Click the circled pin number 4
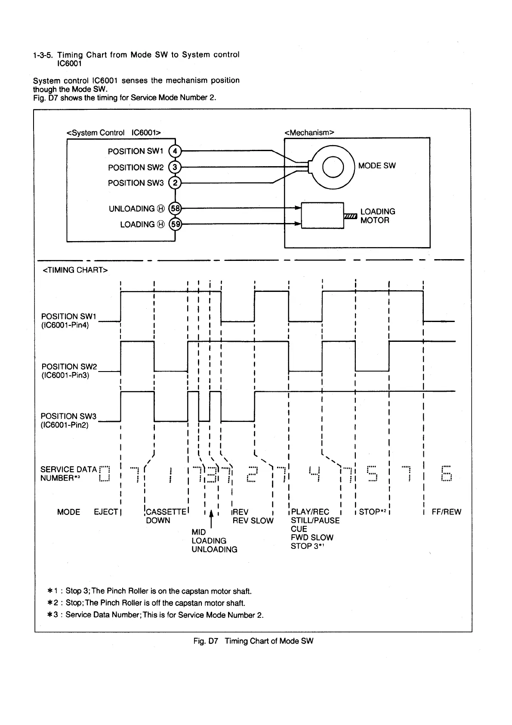point(175,151)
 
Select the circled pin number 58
point(176,209)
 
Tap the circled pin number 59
point(176,224)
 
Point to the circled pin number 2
point(175,183)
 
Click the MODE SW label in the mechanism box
point(376,166)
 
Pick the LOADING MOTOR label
point(377,216)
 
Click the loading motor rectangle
point(322,215)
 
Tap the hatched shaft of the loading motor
point(351,216)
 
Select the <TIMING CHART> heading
point(74,270)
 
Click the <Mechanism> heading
point(309,133)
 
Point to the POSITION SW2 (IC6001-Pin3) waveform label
point(69,371)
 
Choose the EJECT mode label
point(106,512)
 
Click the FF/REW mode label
point(446,512)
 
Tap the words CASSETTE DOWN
point(165,516)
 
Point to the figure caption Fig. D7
point(253,641)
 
